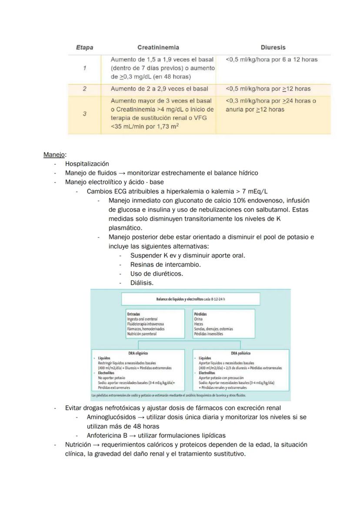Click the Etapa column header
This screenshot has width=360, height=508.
coord(84,47)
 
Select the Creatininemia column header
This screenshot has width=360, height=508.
coord(158,47)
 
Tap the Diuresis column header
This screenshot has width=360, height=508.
coord(273,47)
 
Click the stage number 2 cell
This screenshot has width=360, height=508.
coord(84,89)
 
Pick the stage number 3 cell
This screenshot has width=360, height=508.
coord(84,113)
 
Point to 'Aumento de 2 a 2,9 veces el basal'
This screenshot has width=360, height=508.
coord(160,89)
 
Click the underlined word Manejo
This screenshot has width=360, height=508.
coord(53,154)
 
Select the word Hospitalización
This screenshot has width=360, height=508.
coord(87,164)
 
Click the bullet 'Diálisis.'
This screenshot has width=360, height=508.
coord(142,283)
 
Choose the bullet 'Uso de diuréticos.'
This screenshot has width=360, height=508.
coord(157,274)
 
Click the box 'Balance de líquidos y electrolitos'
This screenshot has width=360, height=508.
coord(190,299)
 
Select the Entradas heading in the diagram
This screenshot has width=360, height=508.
coord(133,314)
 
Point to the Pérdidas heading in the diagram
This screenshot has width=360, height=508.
coord(200,314)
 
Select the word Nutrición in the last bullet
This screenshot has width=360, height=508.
coord(78,445)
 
